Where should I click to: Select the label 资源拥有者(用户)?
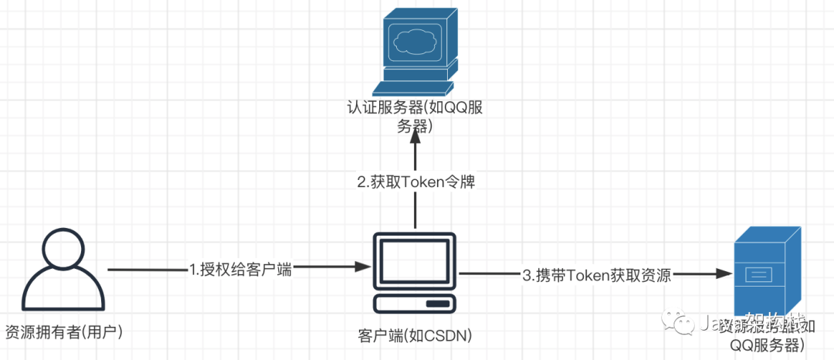click(x=64, y=332)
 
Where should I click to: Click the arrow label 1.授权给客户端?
click(x=240, y=270)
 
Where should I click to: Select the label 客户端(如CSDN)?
click(x=415, y=335)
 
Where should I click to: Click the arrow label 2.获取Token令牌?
click(x=415, y=182)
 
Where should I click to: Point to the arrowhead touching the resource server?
click(x=725, y=273)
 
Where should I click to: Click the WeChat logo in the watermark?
click(x=684, y=324)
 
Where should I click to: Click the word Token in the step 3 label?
click(x=587, y=274)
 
